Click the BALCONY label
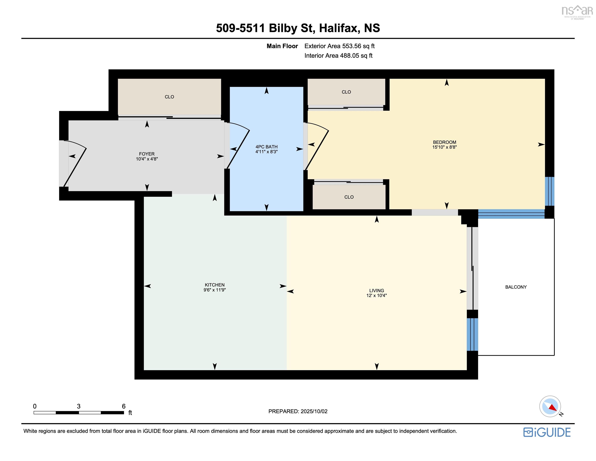[x=516, y=287]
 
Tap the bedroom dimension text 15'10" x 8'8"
[x=444, y=147]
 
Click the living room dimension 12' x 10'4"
[x=376, y=295]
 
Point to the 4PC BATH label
[x=266, y=147]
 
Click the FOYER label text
[x=147, y=154]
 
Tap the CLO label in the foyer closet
[x=169, y=97]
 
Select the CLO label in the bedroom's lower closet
[x=349, y=197]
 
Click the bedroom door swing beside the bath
[x=317, y=146]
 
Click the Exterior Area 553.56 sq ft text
[x=340, y=46]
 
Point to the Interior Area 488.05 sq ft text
[x=338, y=56]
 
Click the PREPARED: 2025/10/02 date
[x=298, y=411]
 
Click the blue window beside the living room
[x=472, y=334]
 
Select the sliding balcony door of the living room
[x=472, y=268]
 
